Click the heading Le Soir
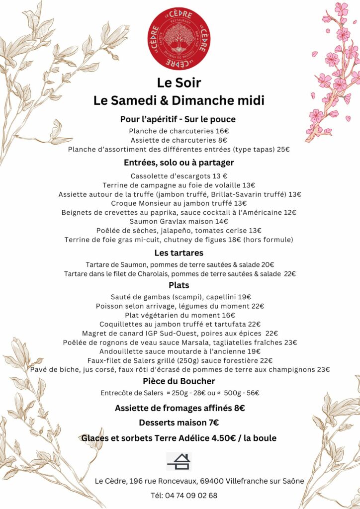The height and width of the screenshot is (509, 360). coord(179,82)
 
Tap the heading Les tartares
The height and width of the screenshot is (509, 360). coord(179,253)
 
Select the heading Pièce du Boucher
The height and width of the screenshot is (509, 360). coord(179,381)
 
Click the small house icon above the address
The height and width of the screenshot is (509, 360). coord(179,461)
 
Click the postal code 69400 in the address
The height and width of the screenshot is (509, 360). coord(212,481)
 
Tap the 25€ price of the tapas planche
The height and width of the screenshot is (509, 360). coord(283,149)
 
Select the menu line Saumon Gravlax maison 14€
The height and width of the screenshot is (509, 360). coord(179,221)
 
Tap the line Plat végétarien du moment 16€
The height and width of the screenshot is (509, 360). coord(179,315)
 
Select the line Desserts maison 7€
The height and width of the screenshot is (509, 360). coord(179,423)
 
